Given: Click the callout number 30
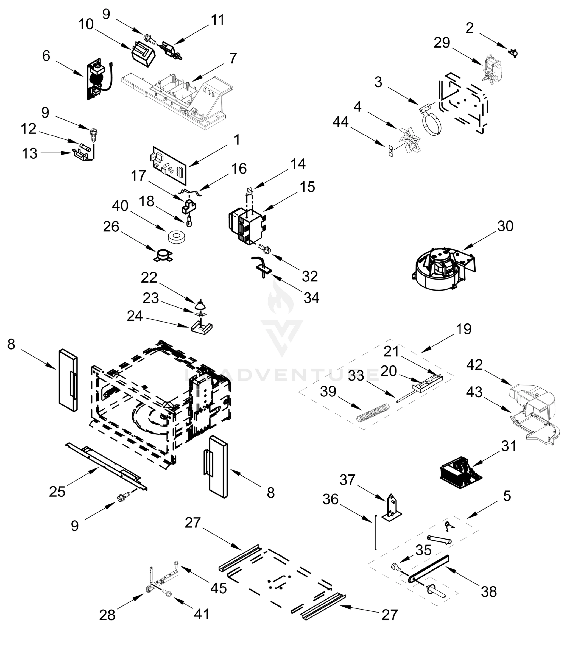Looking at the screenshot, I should [505, 226].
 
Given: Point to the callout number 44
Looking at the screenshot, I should [341, 122].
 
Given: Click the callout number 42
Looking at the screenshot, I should [474, 365].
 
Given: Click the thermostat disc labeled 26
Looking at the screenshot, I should [163, 255].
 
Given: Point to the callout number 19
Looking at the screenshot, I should [464, 329].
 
